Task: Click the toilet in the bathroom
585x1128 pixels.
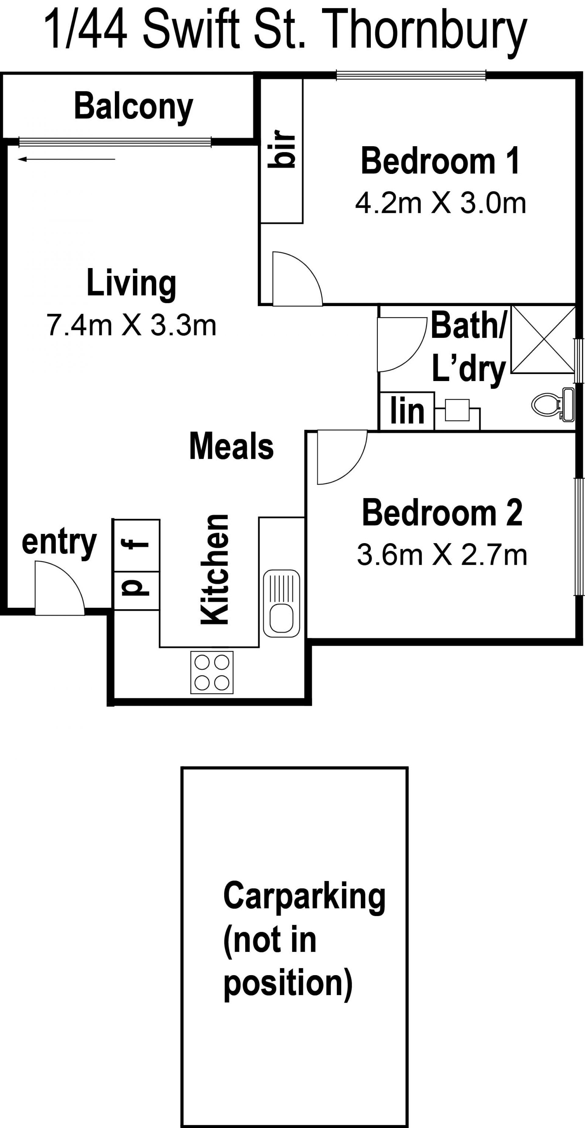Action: point(553,405)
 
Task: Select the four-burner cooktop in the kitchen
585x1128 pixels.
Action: point(212,672)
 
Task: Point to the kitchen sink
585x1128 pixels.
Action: point(282,603)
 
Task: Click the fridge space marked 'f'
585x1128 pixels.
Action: point(136,545)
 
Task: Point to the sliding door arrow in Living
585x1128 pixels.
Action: point(66,159)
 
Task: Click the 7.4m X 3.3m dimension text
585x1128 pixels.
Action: point(131,326)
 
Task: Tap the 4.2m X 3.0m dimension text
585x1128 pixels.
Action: point(441,203)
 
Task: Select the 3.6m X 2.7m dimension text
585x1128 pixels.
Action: point(442,555)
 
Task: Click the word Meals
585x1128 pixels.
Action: point(232,446)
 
